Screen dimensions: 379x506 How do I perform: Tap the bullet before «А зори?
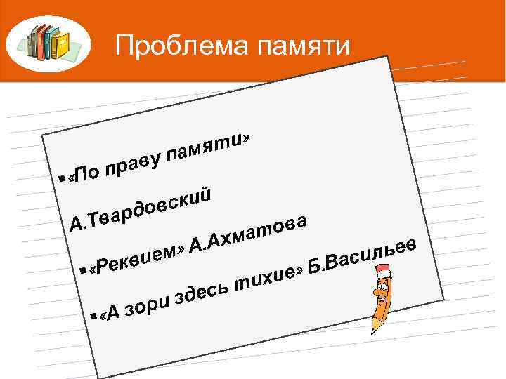coord(93,317)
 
